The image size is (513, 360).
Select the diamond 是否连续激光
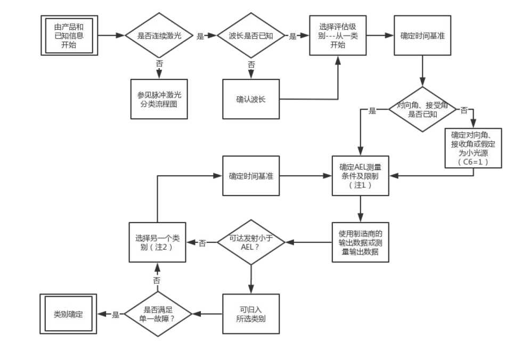coord(159,36)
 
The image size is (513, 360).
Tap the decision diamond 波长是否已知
coord(251,36)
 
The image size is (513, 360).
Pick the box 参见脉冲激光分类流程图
coord(159,99)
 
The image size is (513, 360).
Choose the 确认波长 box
coord(251,99)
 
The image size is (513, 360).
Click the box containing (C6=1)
coord(473,148)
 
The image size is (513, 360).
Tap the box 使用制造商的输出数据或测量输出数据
coord(360,242)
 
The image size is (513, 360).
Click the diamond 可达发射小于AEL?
coord(251,242)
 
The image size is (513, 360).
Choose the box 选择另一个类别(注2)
coord(158,242)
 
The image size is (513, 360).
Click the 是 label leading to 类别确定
coord(116,315)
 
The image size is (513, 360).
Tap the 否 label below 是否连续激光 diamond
coord(159,64)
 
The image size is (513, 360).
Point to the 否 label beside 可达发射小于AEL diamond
coord(202,243)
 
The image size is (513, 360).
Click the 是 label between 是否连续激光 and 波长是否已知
coord(201,36)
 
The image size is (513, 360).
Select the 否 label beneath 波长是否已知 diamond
coord(251,64)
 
